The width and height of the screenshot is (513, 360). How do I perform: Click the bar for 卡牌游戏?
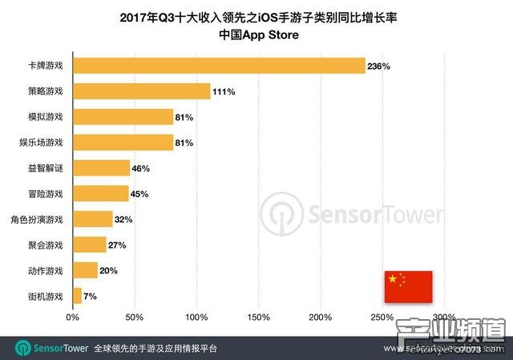219,67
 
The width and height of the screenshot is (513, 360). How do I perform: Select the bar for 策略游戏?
142,91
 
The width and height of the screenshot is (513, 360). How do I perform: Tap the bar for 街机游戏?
77,296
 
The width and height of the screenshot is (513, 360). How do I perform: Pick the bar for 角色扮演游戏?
93,219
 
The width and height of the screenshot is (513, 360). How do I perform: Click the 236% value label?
378,67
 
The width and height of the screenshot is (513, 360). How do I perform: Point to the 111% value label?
224,92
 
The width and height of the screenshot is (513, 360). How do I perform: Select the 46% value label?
140,168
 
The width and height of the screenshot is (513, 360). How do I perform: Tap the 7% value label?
90,296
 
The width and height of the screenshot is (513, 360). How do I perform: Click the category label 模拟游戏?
46,117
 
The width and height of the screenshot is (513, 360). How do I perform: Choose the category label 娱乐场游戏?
42,143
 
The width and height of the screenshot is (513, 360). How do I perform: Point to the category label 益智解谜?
46,168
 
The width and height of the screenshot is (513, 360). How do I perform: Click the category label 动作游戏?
46,270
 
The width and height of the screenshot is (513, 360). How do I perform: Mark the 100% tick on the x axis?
196,318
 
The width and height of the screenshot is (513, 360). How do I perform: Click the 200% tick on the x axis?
321,318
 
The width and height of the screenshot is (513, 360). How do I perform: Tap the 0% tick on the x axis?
73,318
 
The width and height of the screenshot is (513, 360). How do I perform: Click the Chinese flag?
408,286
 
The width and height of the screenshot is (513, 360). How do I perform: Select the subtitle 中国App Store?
256,36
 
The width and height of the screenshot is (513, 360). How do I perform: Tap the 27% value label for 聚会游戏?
116,245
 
